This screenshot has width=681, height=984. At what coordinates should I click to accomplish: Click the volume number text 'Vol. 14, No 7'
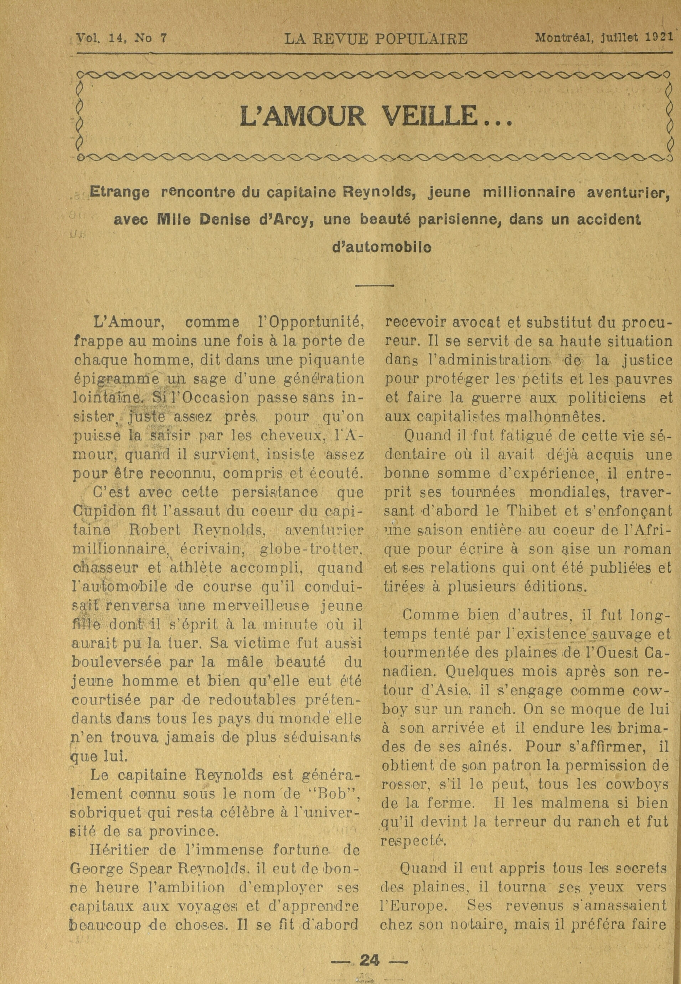[x=121, y=39]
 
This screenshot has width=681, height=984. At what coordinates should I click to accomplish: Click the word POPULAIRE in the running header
[x=421, y=39]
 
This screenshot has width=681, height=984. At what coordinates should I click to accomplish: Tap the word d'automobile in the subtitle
[x=381, y=247]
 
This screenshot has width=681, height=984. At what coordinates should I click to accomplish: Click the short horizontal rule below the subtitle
[x=374, y=285]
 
